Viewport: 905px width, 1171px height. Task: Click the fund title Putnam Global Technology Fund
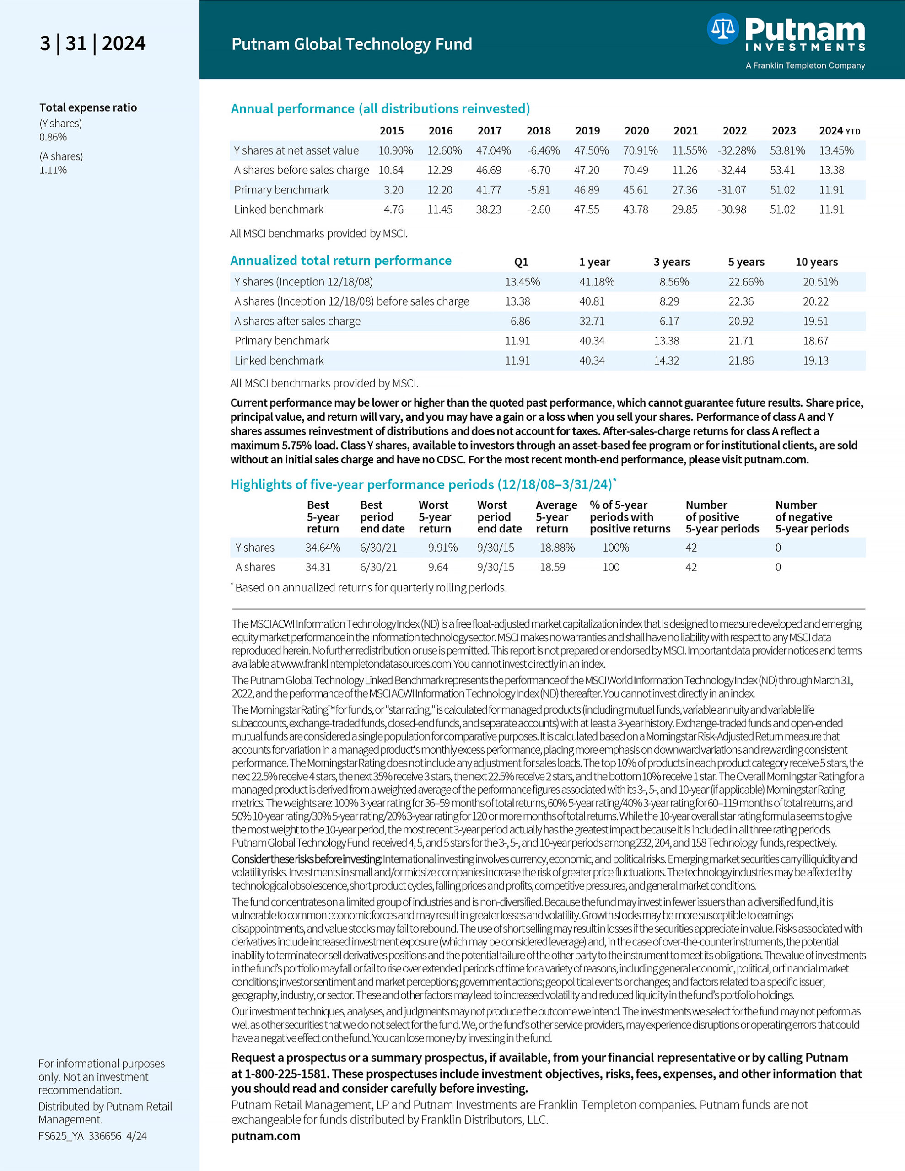(351, 44)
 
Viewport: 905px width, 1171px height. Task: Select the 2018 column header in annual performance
(538, 131)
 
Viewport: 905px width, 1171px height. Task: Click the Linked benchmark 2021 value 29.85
(684, 209)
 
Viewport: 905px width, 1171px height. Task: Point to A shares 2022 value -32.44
(731, 171)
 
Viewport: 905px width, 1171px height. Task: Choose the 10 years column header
(816, 262)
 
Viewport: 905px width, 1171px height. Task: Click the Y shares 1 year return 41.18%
(597, 282)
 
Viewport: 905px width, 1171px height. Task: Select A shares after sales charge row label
(297, 321)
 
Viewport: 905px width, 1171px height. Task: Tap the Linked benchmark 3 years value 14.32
(666, 361)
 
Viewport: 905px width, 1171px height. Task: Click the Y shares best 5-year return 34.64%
(323, 548)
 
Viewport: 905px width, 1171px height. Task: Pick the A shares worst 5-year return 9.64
(438, 567)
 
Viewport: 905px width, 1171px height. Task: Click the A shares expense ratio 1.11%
(53, 170)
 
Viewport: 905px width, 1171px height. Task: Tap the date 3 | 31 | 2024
(92, 43)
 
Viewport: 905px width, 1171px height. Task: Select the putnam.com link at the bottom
(265, 1136)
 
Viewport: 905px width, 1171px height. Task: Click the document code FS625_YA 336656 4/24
(92, 1136)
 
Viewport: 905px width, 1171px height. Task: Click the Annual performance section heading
(380, 109)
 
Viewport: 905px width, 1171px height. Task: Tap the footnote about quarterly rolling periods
(370, 588)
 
